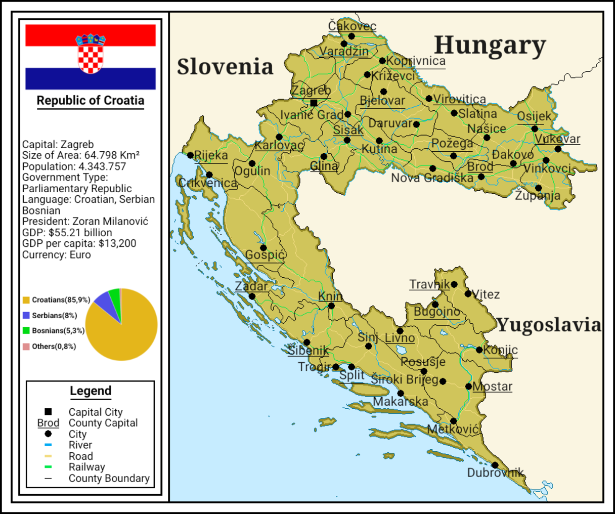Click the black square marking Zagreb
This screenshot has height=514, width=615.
point(314,103)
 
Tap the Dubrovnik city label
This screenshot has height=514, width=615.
point(495,473)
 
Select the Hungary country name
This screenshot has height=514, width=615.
point(490,46)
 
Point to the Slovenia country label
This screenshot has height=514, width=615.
point(225,67)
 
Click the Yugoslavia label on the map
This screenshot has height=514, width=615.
point(549,325)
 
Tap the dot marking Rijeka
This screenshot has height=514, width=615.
point(191,155)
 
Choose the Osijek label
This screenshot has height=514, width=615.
point(534,116)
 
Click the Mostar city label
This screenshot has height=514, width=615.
point(492,387)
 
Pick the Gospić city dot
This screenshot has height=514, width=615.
point(263,248)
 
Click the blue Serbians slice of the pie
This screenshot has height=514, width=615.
point(103,303)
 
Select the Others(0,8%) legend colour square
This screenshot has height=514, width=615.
point(26,347)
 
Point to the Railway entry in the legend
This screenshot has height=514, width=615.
point(86,467)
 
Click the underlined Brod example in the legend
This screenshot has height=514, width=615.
point(48,423)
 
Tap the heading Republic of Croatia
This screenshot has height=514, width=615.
point(91,100)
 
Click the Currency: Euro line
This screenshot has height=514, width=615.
point(57,254)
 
